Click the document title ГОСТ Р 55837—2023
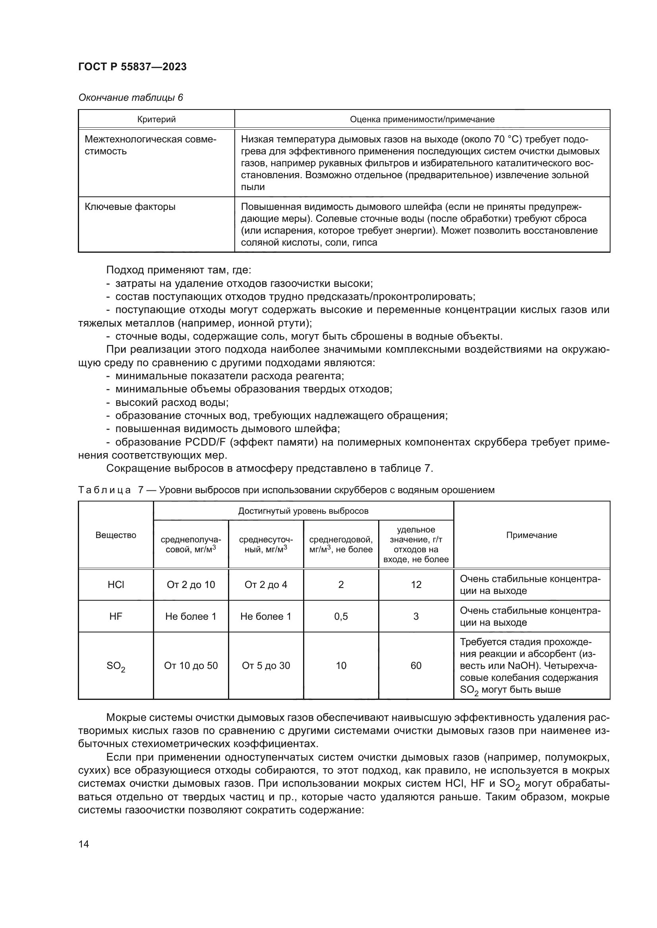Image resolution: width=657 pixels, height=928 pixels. [x=132, y=67]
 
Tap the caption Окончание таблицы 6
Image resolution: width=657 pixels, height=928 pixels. [x=130, y=98]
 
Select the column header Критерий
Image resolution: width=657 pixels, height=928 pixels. [x=156, y=119]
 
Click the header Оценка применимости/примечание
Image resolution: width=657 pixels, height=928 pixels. [x=421, y=119]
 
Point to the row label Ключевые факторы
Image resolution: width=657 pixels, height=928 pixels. [x=130, y=207]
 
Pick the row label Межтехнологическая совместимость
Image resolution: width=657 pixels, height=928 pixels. [x=150, y=145]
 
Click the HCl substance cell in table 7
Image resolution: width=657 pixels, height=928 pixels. [x=116, y=584]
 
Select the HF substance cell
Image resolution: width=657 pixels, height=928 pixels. [x=116, y=617]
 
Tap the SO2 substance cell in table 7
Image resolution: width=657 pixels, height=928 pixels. [x=116, y=666]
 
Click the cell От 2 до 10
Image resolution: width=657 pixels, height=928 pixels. [x=191, y=584]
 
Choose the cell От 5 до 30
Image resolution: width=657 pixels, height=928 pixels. [x=266, y=666]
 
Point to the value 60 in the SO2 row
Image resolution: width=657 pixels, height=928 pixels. [x=416, y=666]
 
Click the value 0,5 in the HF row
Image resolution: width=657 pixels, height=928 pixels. [x=341, y=617]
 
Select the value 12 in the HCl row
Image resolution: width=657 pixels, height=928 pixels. [x=416, y=584]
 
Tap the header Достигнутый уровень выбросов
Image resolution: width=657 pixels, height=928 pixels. [x=303, y=511]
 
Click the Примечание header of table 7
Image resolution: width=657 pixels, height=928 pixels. [x=531, y=535]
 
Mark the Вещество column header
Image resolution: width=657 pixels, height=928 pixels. [x=116, y=535]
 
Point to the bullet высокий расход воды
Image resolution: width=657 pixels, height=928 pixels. [x=172, y=403]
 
